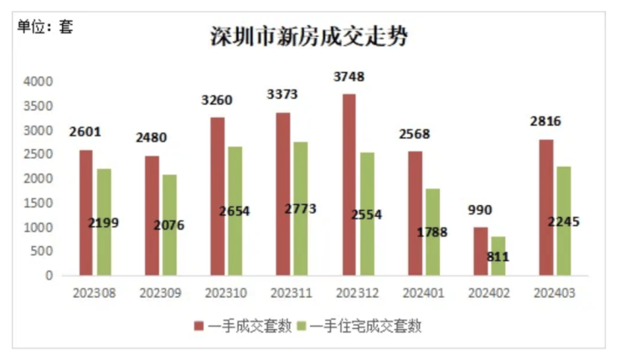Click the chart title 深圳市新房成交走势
pyautogui.click(x=309, y=37)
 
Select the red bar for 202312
pyautogui.click(x=349, y=184)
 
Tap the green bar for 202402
pyautogui.click(x=498, y=255)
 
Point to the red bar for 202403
pyautogui.click(x=546, y=207)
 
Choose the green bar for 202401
pyautogui.click(x=432, y=231)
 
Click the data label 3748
pyautogui.click(x=349, y=77)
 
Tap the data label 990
pyautogui.click(x=480, y=210)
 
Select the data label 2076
pyautogui.click(x=168, y=224)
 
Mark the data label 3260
pyautogui.click(x=217, y=100)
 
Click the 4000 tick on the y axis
pyautogui.click(x=39, y=82)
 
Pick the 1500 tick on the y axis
pyautogui.click(x=39, y=203)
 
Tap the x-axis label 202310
pyautogui.click(x=225, y=293)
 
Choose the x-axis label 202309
pyautogui.click(x=160, y=293)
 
